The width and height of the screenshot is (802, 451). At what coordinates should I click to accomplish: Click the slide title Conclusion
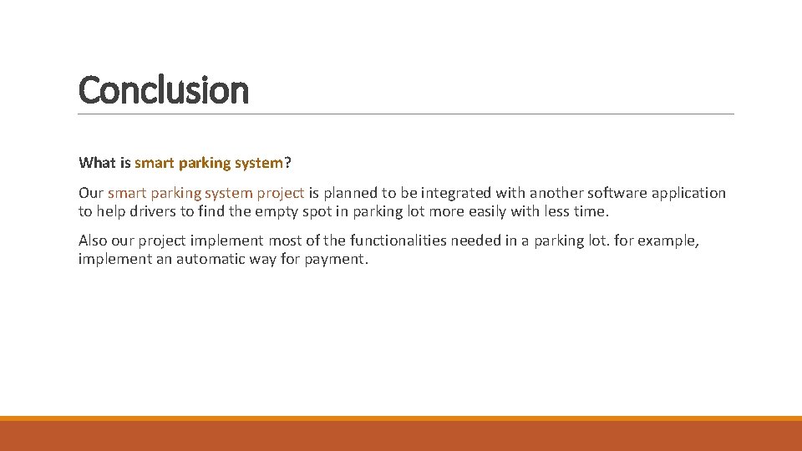164,89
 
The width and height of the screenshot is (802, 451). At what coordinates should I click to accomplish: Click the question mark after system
288,162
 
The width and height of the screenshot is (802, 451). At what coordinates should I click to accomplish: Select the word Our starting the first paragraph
91,193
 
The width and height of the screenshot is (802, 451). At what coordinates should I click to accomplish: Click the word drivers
151,211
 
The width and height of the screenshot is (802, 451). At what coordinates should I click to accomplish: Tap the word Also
94,241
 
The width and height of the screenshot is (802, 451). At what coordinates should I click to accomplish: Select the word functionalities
398,241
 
